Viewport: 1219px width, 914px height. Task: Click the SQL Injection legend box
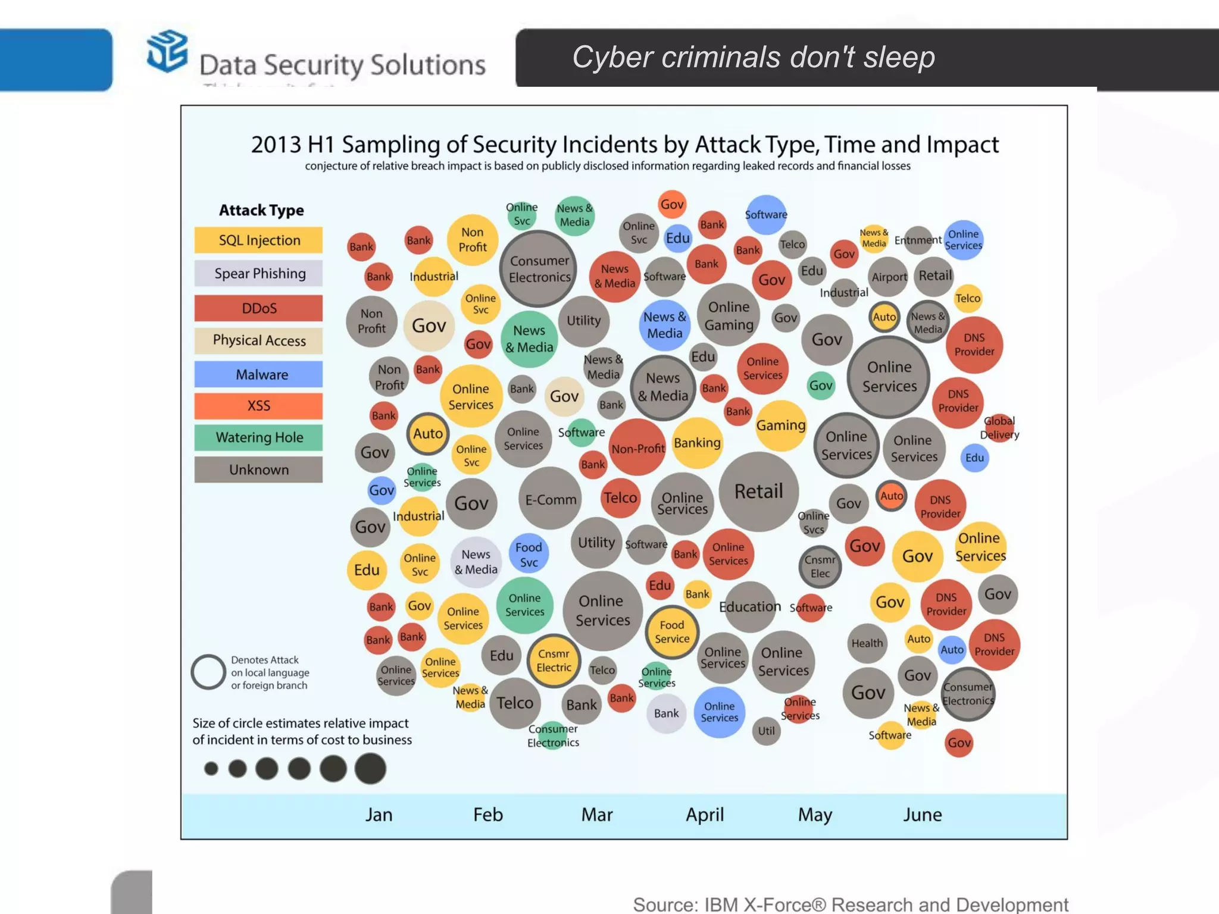coord(258,240)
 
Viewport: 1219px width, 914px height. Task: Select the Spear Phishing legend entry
coord(258,273)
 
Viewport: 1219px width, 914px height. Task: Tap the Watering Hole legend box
coord(258,437)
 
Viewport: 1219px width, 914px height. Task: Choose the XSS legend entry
coord(258,406)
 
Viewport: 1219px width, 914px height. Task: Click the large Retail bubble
coord(758,492)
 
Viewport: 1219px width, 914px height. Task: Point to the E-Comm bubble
coord(550,499)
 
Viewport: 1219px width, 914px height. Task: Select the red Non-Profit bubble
coord(637,448)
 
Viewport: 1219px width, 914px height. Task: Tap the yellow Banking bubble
coord(697,443)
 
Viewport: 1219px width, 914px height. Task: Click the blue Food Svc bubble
coord(529,554)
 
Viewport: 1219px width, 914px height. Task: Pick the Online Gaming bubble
coord(729,315)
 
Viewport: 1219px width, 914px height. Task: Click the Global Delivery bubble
coord(999,427)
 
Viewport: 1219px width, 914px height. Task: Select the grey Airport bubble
coord(889,277)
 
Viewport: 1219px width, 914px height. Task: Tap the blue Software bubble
coord(766,214)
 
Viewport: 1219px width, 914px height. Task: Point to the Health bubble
coord(867,643)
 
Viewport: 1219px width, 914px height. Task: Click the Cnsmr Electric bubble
coord(554,661)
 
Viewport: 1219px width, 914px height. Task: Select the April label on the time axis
coord(705,814)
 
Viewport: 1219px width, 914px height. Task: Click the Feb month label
coord(487,814)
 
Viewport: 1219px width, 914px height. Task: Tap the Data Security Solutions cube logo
coord(167,52)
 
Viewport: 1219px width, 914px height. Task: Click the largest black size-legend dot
coord(370,768)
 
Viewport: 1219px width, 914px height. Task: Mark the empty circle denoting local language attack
coord(208,672)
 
